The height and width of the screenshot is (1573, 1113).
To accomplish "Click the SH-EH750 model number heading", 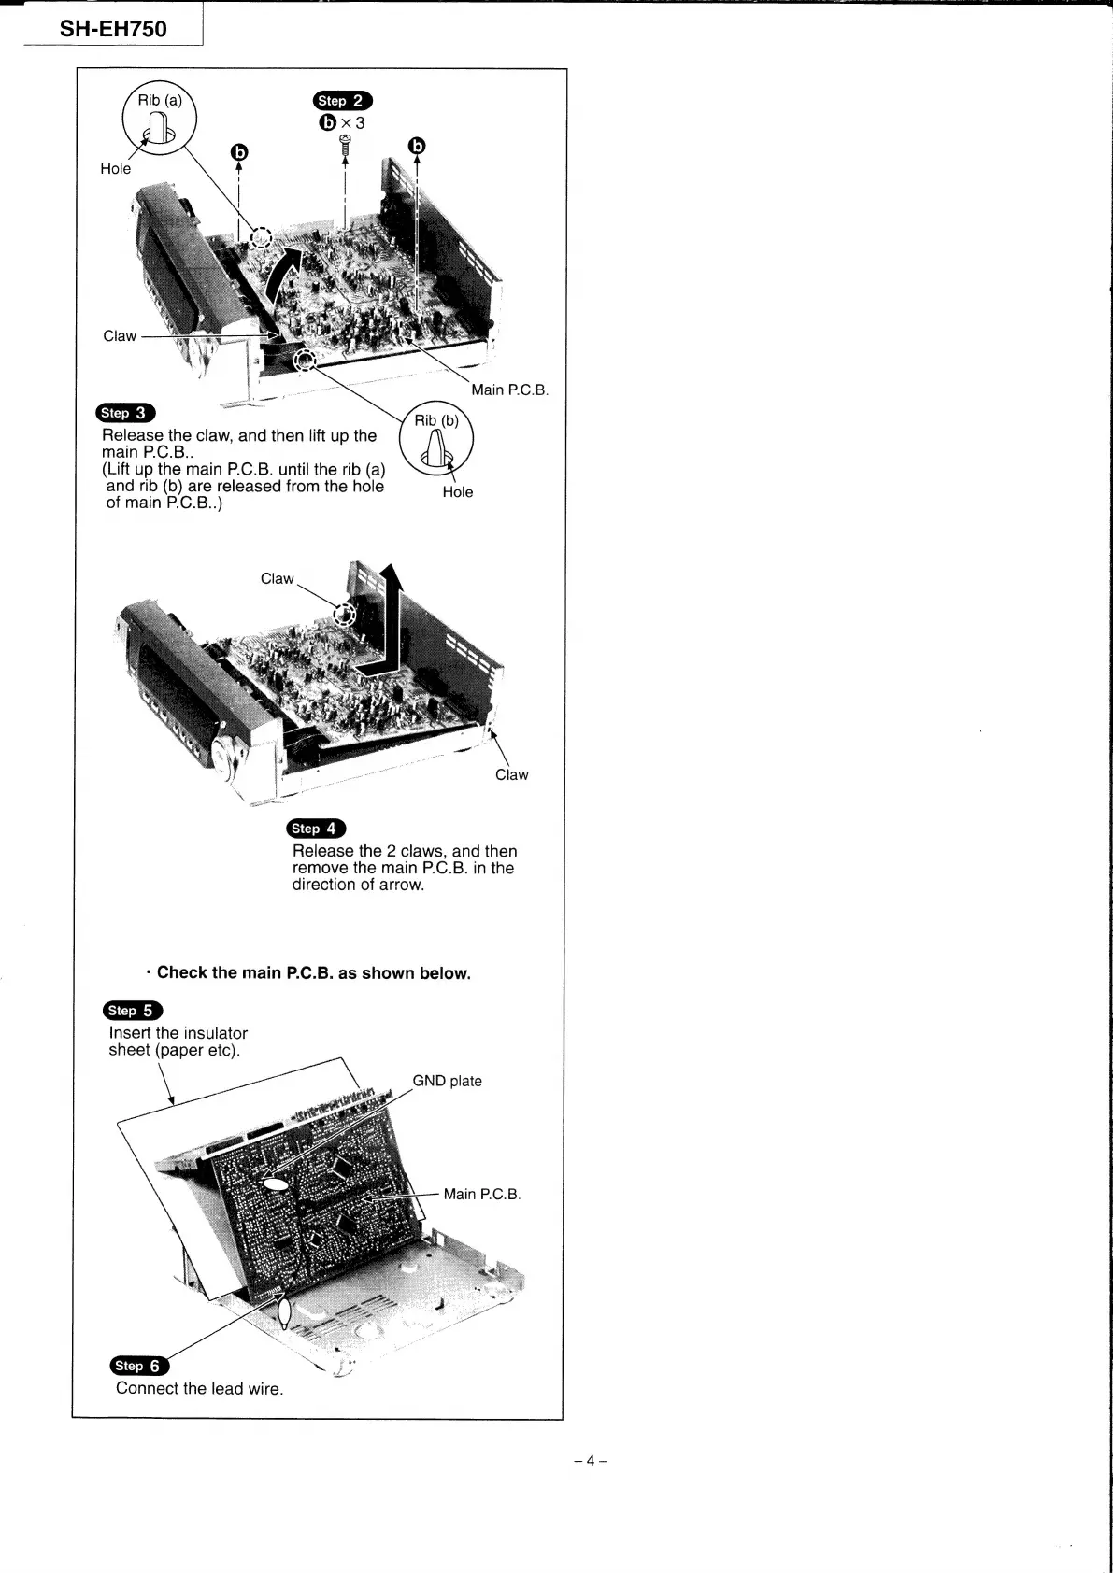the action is click(x=113, y=29).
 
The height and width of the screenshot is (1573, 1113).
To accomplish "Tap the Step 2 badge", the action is click(x=343, y=101).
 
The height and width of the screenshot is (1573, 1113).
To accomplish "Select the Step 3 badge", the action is click(x=125, y=413).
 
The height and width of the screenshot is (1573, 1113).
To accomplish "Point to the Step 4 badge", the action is click(x=316, y=829).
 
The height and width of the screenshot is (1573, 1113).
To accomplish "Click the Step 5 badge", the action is click(x=133, y=1010).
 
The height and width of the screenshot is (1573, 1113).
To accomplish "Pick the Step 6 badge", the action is click(x=139, y=1366).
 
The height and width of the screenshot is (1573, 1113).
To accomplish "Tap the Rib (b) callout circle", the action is click(x=436, y=437).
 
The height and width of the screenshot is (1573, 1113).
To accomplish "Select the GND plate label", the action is click(x=447, y=1081).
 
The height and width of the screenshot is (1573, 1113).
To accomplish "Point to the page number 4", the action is click(x=591, y=1461).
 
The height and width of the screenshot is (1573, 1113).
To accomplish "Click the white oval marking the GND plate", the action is click(x=275, y=1184).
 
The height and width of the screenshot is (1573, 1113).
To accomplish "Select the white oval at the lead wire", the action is click(x=285, y=1313).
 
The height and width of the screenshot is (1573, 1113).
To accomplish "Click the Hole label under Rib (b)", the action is click(x=458, y=492).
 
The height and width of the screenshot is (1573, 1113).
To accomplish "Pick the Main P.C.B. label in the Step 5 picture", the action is click(x=481, y=1194).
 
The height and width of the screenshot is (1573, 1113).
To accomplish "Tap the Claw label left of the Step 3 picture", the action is click(x=120, y=336).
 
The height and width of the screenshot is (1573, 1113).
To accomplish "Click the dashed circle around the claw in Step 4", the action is click(x=344, y=615).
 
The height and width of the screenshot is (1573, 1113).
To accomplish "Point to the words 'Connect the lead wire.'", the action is click(x=199, y=1388).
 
